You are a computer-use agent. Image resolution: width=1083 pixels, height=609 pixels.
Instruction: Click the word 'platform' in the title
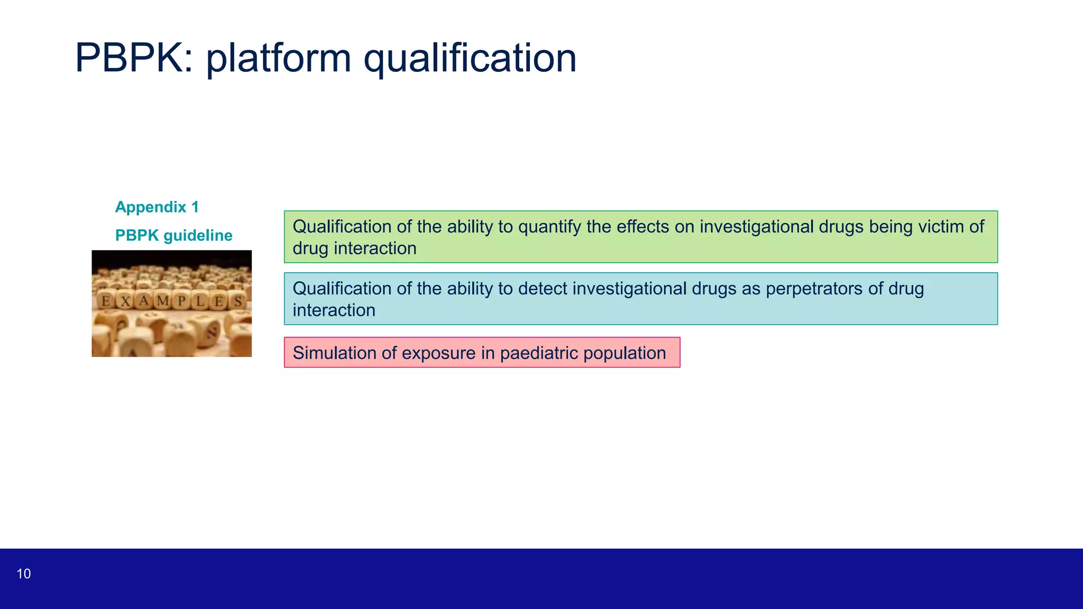click(278, 58)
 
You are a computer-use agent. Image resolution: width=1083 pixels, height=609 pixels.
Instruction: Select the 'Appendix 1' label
click(157, 207)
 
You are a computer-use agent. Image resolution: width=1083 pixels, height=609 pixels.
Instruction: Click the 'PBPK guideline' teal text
click(173, 235)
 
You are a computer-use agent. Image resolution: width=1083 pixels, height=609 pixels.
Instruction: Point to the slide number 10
click(24, 574)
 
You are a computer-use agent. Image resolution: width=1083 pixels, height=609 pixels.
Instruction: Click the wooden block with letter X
click(125, 301)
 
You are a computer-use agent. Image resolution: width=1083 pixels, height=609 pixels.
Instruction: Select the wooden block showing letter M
click(163, 301)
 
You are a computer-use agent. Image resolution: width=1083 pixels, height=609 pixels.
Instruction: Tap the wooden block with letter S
click(238, 301)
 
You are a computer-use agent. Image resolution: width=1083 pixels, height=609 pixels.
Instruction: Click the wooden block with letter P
click(182, 301)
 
